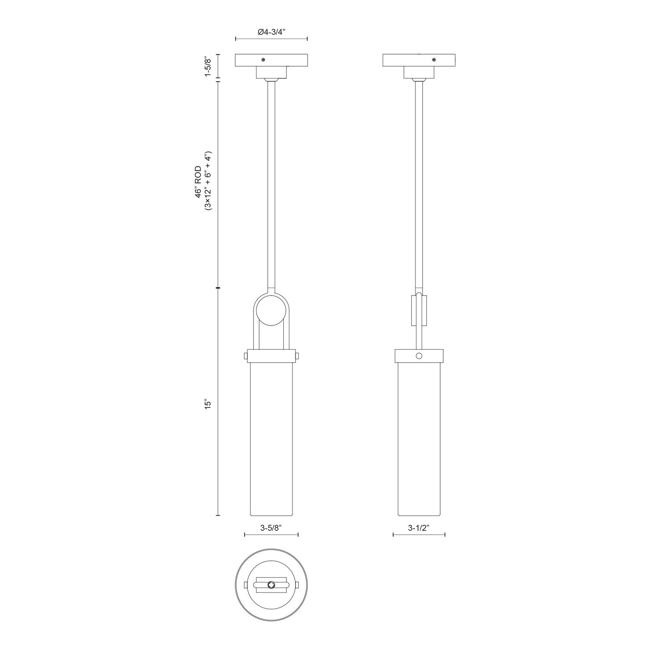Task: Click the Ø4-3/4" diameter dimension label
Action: point(271,32)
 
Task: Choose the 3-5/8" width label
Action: point(271,528)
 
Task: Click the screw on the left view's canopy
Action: point(263,59)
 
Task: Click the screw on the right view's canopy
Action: point(434,59)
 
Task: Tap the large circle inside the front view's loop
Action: point(271,309)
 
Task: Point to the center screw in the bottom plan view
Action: point(271,585)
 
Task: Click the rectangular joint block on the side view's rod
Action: point(419,310)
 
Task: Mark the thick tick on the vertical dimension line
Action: point(218,288)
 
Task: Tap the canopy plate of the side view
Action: point(419,60)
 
